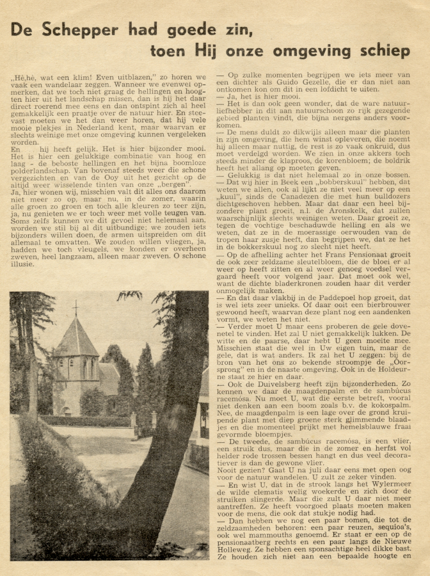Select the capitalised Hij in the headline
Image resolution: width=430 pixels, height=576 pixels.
coord(207,51)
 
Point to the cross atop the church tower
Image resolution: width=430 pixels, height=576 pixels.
coord(75,308)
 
